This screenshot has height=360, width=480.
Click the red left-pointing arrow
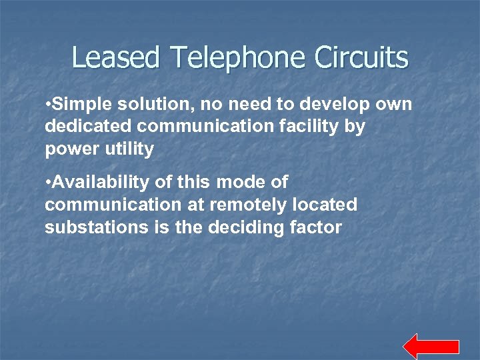(x=431, y=347)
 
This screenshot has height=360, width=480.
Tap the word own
(x=395, y=105)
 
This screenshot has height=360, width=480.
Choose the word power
(x=69, y=149)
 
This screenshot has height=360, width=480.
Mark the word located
(x=323, y=205)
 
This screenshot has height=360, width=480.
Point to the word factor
(x=317, y=227)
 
